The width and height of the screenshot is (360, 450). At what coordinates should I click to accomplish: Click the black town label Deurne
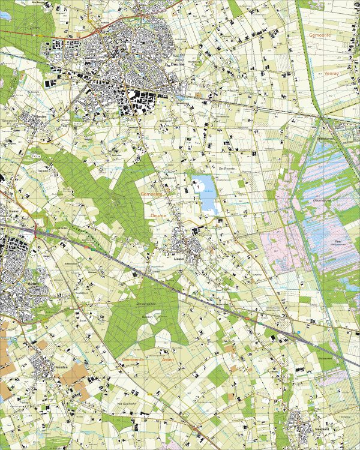point(176,67)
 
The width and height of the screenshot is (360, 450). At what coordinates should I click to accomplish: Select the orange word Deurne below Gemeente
point(158,212)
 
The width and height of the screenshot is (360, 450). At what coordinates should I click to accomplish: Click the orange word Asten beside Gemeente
point(168,359)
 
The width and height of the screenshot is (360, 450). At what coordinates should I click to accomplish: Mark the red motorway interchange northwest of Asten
point(37,229)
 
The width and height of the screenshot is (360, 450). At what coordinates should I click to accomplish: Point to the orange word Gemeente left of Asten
point(133,359)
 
